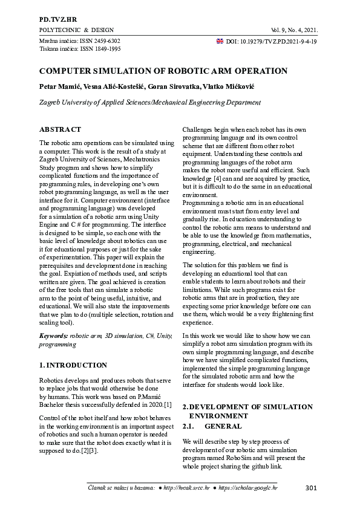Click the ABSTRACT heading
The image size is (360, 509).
click(x=60, y=129)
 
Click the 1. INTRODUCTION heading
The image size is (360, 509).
click(x=73, y=365)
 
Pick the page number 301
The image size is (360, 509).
click(x=311, y=487)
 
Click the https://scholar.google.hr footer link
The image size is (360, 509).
click(x=247, y=487)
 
